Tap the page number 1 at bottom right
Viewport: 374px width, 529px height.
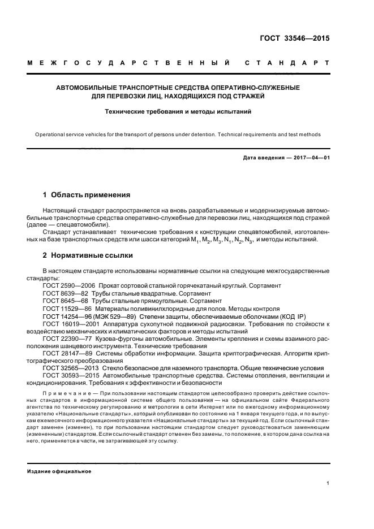[328, 483]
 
